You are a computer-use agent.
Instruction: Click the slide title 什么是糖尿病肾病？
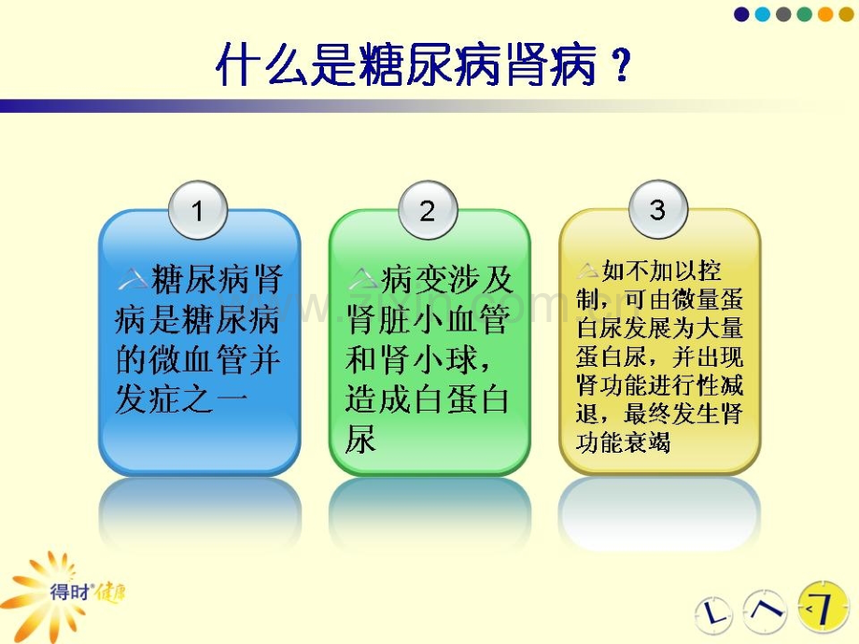pos(424,65)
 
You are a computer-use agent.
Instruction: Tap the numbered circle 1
pos(198,210)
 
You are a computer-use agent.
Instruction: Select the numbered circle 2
pos(428,210)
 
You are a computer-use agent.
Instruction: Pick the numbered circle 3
pos(658,209)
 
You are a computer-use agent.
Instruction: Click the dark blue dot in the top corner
pos(741,14)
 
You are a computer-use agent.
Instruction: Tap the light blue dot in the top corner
pos(762,14)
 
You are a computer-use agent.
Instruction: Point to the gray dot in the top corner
pos(782,14)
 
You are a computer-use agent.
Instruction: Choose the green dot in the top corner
pos(804,14)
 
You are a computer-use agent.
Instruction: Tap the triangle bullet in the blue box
pos(132,280)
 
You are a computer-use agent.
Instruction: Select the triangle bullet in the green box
pos(362,279)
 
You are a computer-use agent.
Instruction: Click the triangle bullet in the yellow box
pos(588,271)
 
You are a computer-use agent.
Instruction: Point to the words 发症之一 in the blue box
pos(181,399)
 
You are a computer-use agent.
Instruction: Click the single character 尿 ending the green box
pos(361,439)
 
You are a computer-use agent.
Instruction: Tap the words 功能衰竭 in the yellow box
pos(623,442)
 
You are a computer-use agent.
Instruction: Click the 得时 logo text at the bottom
pos(70,592)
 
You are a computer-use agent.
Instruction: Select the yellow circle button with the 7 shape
pos(823,608)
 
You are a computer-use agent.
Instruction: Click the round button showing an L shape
pos(713,613)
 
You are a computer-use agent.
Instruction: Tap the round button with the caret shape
pos(765,610)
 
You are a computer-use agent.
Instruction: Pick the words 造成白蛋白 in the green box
pos(428,399)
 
